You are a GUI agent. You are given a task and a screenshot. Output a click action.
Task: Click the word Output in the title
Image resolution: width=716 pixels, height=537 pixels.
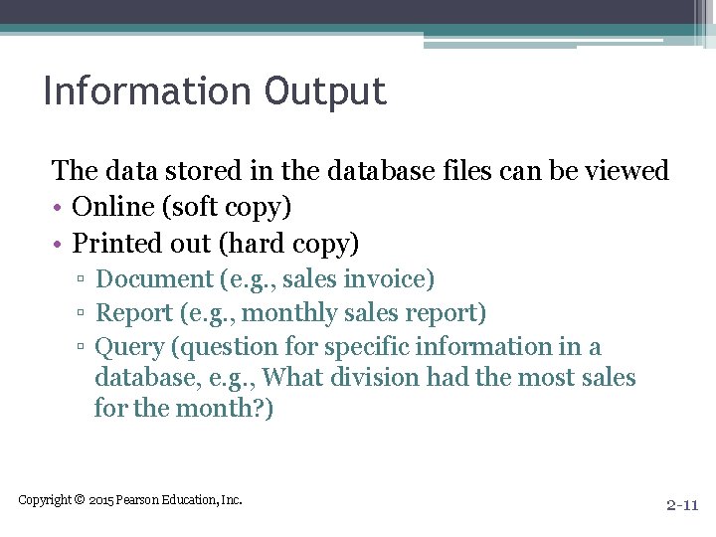coord(325,91)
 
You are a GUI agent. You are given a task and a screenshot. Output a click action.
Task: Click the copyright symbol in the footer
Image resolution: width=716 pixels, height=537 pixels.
coord(80,499)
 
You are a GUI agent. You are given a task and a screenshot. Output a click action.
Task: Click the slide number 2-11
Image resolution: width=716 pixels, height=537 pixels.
coord(682,505)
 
